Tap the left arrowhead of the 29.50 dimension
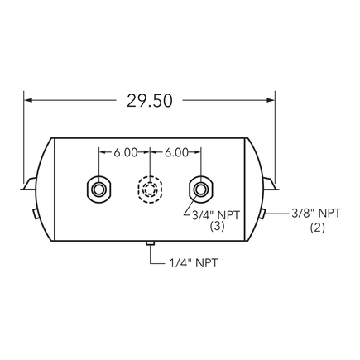31,100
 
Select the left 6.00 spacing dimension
124,152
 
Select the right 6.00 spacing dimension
176,152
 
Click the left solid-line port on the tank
98,189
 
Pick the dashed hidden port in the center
149,189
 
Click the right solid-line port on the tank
199,189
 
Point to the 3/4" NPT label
218,214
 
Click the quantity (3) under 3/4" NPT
218,226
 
